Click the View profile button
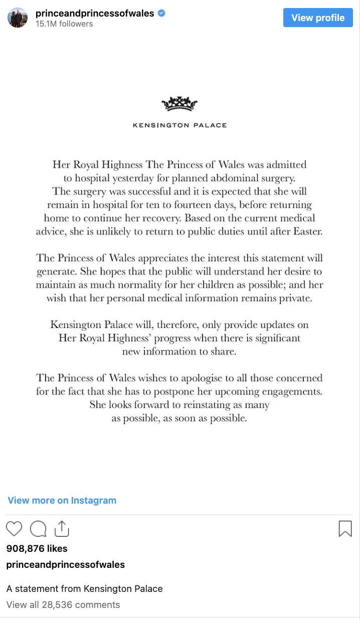(318, 18)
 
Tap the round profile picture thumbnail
(18, 18)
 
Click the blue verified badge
(161, 14)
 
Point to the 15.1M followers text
(64, 24)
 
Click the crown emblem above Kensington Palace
(179, 104)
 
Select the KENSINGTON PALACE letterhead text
(179, 125)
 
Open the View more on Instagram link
(62, 500)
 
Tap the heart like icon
(14, 529)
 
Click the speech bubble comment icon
(38, 529)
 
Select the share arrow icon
(61, 528)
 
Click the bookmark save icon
(345, 529)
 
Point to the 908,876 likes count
(37, 548)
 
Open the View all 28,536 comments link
(63, 604)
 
